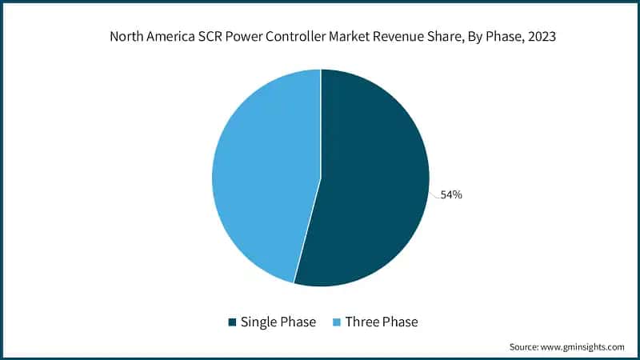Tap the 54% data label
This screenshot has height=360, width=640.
pos(451,195)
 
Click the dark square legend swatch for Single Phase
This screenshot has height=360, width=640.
pos(233,322)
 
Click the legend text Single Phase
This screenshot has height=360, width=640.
pos(278,322)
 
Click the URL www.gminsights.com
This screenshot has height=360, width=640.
pos(583,347)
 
